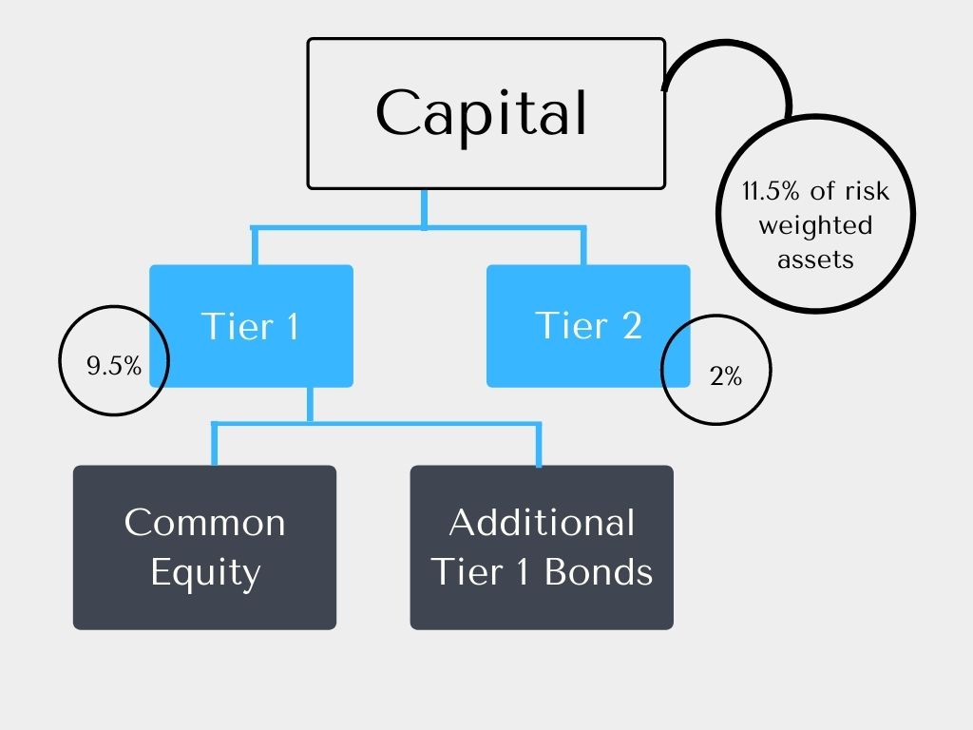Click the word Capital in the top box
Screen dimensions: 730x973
click(482, 113)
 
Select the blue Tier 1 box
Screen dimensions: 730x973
click(251, 326)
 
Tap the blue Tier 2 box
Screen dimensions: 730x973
click(588, 326)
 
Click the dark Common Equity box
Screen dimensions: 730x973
click(204, 547)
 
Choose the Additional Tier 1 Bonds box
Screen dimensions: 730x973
click(542, 547)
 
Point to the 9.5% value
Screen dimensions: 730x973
click(114, 366)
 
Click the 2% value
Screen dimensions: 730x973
click(725, 376)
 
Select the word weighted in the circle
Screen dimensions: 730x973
click(815, 225)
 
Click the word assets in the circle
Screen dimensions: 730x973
click(815, 259)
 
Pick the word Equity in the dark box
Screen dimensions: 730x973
click(205, 573)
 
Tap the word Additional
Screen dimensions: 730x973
click(542, 522)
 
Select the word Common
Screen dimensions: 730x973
click(204, 522)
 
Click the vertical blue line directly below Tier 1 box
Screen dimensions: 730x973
click(309, 403)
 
